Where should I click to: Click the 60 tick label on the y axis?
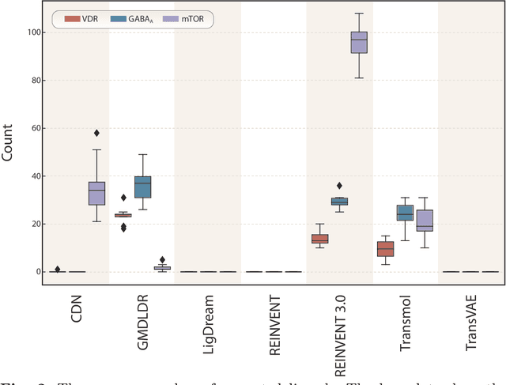(34, 128)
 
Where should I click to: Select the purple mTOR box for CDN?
(96, 193)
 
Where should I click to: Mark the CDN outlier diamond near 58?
(96, 133)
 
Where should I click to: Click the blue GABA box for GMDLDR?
(142, 187)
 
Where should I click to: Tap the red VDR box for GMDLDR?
(123, 215)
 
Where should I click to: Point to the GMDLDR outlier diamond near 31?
(123, 198)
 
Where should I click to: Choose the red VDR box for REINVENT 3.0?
(319, 239)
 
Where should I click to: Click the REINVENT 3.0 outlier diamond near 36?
(340, 186)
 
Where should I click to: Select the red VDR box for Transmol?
(385, 248)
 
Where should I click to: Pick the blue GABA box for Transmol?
(405, 213)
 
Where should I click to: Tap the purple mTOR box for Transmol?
(425, 221)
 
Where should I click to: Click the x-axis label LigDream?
(209, 311)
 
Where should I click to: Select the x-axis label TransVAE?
(471, 311)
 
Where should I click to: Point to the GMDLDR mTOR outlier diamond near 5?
(162, 259)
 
